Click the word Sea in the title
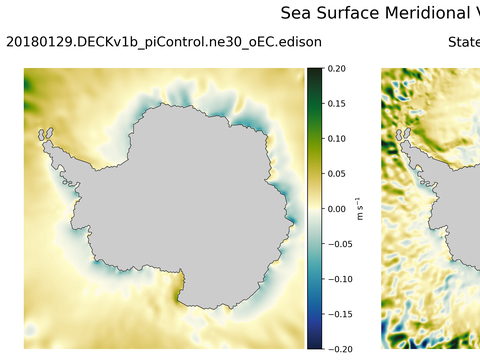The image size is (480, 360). click(x=297, y=13)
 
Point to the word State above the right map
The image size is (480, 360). click(x=463, y=42)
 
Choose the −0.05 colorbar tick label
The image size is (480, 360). click(x=338, y=244)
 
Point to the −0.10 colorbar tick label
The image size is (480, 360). click(x=338, y=279)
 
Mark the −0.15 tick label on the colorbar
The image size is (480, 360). click(x=338, y=314)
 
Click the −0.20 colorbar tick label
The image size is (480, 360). click(x=338, y=349)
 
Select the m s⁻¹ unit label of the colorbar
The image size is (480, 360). click(x=361, y=209)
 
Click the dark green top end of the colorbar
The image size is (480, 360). click(x=314, y=72)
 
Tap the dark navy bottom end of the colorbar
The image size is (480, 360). click(x=314, y=345)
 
